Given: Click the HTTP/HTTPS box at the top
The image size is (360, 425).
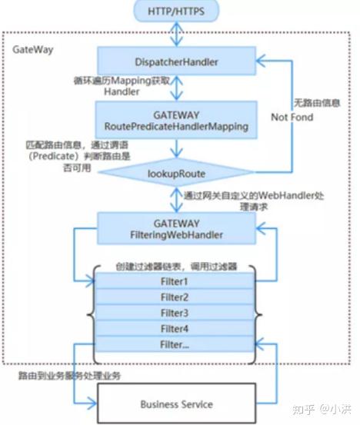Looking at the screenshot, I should (x=176, y=12).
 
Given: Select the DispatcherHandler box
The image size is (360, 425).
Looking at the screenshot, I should (x=176, y=60).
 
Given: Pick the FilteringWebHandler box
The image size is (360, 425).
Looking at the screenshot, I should (x=176, y=224).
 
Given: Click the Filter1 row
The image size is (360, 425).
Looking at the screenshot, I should (x=175, y=282).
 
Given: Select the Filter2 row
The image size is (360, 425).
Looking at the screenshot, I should (x=175, y=297).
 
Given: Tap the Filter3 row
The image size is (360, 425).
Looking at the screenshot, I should (x=175, y=313).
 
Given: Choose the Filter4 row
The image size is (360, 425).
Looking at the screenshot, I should (x=175, y=329).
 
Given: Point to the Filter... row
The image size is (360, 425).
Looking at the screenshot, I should (x=175, y=345).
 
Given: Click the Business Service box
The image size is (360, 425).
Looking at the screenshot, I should (x=176, y=403).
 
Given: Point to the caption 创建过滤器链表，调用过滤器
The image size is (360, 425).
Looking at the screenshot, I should (x=175, y=266).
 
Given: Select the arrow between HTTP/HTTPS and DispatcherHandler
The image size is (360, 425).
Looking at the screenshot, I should (x=176, y=34).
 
